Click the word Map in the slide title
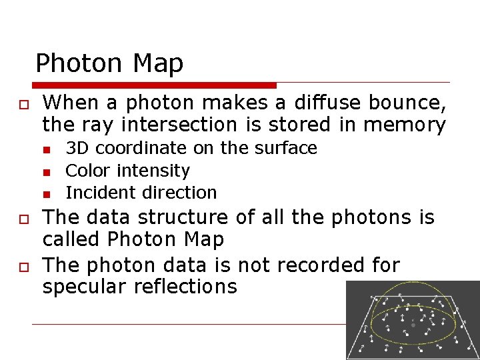(x=158, y=63)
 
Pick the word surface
(x=287, y=148)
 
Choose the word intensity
(x=154, y=171)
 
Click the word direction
(x=181, y=193)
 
